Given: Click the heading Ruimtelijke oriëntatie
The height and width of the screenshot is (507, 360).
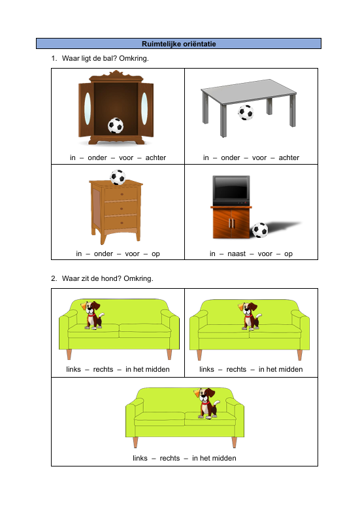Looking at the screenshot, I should pyautogui.click(x=178, y=44).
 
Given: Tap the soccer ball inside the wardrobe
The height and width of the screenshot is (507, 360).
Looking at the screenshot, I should pyautogui.click(x=116, y=125).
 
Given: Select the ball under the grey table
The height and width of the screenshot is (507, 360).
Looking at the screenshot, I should pyautogui.click(x=246, y=112).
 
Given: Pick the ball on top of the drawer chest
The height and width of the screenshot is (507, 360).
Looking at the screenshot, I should pyautogui.click(x=118, y=176).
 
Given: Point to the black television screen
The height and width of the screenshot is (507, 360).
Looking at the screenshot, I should pyautogui.click(x=231, y=190).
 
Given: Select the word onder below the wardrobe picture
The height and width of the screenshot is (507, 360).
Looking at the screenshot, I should pyautogui.click(x=97, y=157).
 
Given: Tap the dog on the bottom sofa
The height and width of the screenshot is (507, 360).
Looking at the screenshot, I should pyautogui.click(x=208, y=402).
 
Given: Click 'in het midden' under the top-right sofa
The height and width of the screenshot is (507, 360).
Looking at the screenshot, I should pyautogui.click(x=281, y=369).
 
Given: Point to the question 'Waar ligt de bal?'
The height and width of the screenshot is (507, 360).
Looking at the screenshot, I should pyautogui.click(x=105, y=59).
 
